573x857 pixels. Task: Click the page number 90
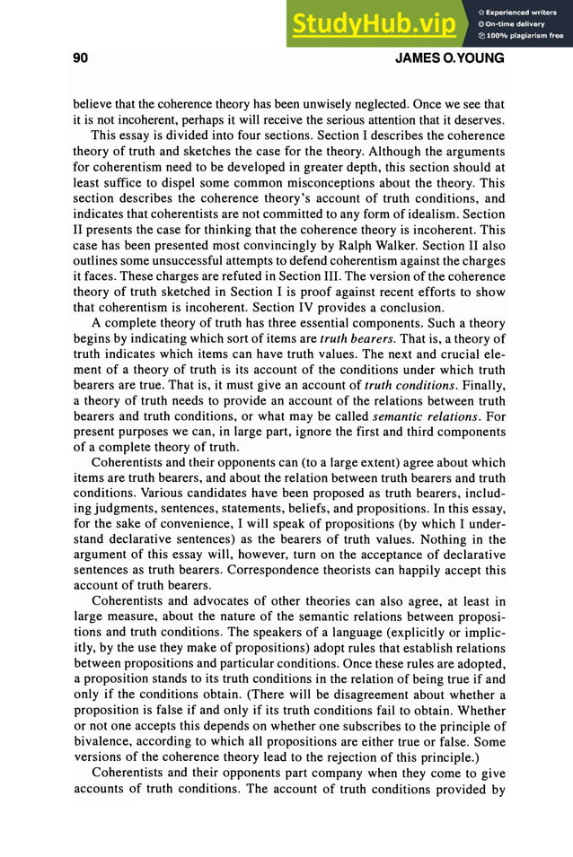click(x=79, y=59)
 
